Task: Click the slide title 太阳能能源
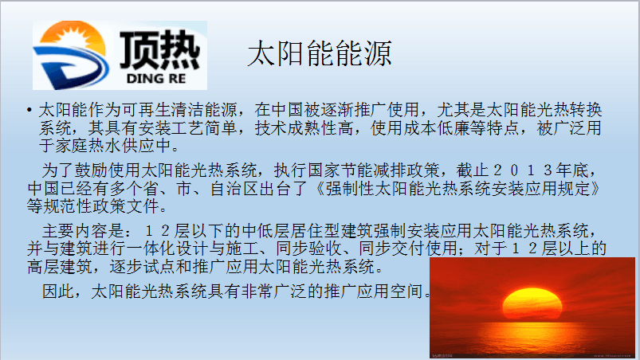(x=319, y=53)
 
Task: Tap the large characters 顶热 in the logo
(x=159, y=49)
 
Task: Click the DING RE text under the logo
(x=156, y=78)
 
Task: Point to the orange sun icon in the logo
(x=73, y=36)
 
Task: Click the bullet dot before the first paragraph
(x=29, y=110)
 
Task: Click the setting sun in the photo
(x=532, y=303)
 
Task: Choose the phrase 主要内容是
(x=83, y=231)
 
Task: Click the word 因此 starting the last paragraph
(x=58, y=291)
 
